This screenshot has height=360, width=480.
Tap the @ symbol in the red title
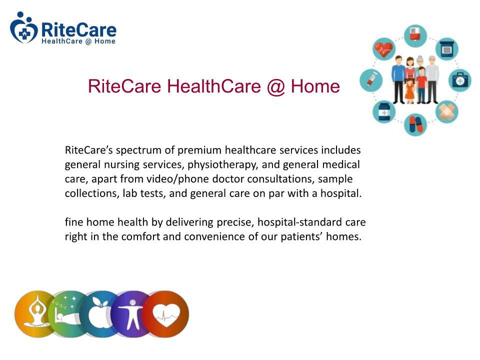click(276, 86)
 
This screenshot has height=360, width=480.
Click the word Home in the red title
click(315, 86)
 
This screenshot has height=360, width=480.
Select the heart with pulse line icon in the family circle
click(384, 49)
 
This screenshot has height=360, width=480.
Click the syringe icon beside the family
click(371, 80)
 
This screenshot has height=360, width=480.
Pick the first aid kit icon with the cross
click(460, 80)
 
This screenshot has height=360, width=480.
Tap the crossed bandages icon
click(447, 112)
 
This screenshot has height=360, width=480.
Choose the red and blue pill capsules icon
click(415, 124)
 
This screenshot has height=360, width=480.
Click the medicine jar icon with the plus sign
click(384, 112)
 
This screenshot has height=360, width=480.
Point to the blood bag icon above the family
click(415, 36)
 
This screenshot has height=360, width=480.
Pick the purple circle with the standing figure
click(131, 314)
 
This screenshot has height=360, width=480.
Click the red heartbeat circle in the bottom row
click(166, 314)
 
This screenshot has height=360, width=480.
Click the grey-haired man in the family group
click(432, 79)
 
